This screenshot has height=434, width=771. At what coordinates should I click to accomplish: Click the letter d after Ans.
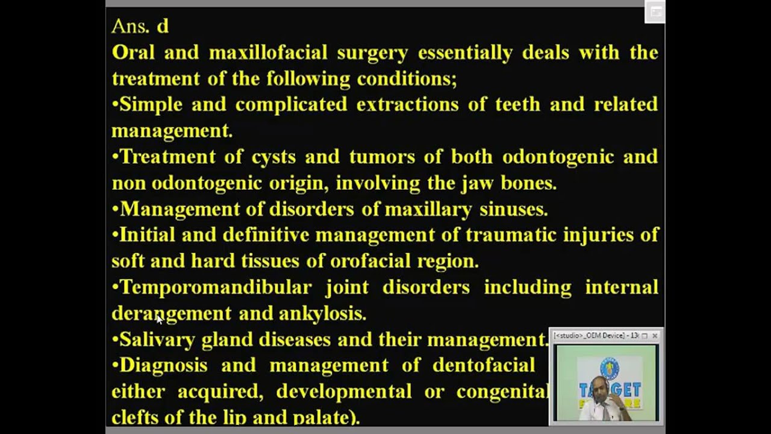tap(163, 27)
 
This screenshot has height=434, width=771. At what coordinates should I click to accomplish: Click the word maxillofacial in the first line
tap(268, 53)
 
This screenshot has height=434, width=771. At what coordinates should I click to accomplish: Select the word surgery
tap(372, 53)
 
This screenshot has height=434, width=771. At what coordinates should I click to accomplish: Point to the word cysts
tap(273, 157)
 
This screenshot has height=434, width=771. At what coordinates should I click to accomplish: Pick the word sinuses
tap(513, 210)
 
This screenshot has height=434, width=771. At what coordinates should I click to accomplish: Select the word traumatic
tap(510, 235)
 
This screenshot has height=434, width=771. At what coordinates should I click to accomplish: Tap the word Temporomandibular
tap(216, 288)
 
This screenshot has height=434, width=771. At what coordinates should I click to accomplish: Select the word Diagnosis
tap(163, 365)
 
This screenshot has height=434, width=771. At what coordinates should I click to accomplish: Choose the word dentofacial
tap(484, 365)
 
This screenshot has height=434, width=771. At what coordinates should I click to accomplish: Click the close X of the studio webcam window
tap(655, 336)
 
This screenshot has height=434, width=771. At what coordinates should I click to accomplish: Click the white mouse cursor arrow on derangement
tap(159, 319)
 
